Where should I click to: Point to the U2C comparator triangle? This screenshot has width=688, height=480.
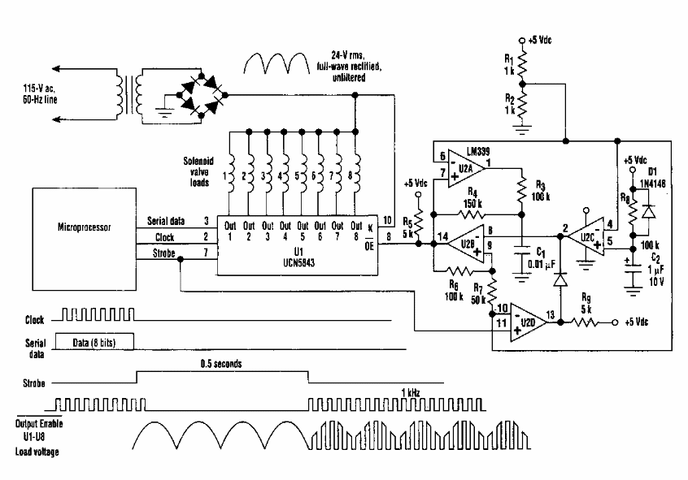click(x=586, y=238)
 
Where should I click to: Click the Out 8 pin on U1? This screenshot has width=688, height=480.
click(x=356, y=231)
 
